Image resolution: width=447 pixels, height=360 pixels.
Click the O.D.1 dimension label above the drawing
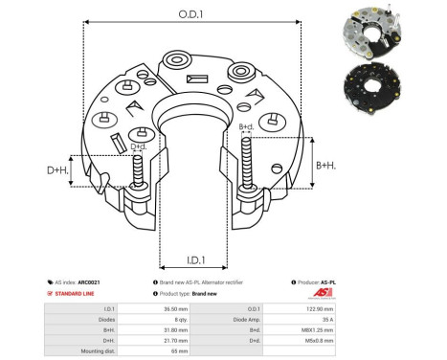pyautogui.click(x=188, y=14)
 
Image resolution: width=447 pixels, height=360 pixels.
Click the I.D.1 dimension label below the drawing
pyautogui.click(x=189, y=259)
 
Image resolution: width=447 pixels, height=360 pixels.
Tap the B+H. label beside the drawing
pyautogui.click(x=326, y=166)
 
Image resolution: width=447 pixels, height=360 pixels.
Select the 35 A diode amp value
pyautogui.click(x=397, y=320)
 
